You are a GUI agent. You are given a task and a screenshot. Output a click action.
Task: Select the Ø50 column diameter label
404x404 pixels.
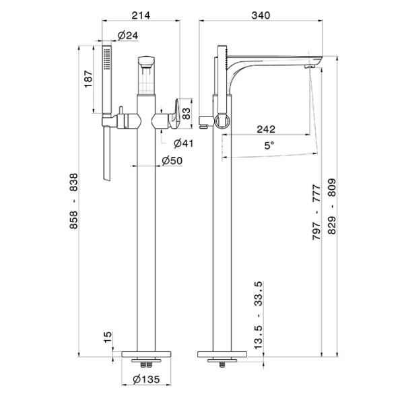173,160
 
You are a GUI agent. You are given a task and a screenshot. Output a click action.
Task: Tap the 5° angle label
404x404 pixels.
269,143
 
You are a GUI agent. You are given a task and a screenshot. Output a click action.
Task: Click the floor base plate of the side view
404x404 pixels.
220,354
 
